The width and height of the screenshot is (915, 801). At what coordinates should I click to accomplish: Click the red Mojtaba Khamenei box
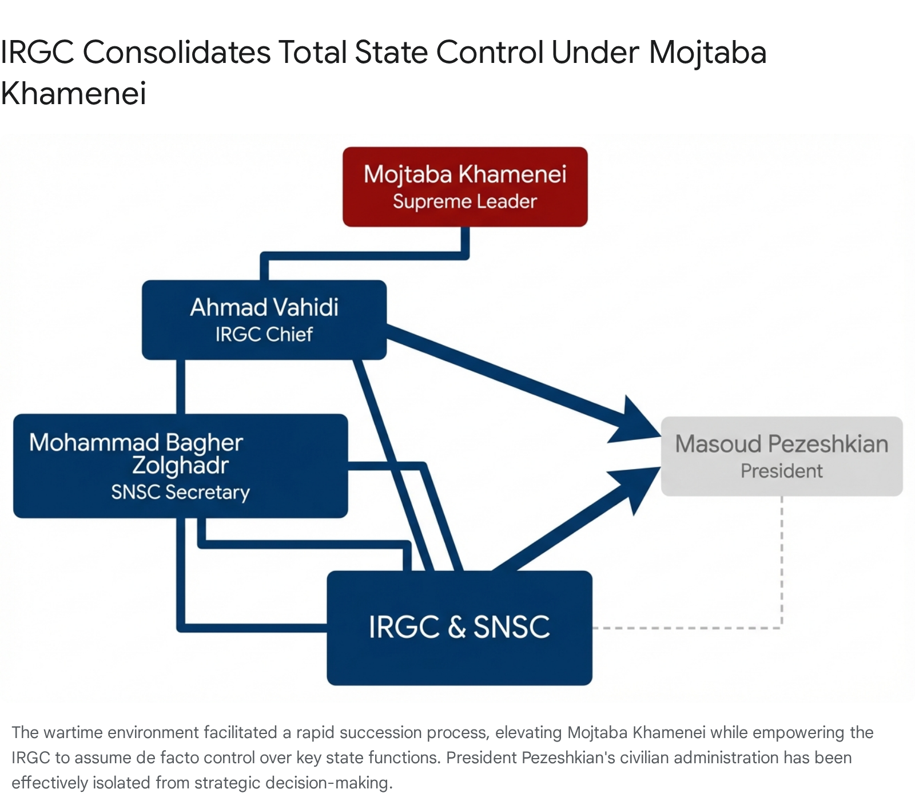tap(465, 187)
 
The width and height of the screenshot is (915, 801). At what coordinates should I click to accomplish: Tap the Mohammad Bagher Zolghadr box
tap(180, 466)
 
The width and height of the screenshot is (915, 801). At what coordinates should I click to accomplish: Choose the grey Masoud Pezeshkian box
tap(781, 456)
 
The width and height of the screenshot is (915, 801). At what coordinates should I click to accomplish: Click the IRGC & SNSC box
tap(459, 628)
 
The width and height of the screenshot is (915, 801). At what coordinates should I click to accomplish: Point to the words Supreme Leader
tap(465, 202)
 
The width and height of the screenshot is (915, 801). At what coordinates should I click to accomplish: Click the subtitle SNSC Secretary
tap(180, 492)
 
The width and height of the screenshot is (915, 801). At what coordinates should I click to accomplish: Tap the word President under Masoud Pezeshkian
tap(781, 471)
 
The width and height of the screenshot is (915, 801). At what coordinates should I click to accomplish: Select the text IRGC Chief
tap(264, 334)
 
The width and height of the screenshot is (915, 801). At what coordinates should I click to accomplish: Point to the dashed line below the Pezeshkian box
tap(781, 561)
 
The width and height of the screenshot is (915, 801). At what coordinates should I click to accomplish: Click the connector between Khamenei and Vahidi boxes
tap(366, 256)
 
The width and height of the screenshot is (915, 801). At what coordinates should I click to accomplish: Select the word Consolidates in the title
tap(177, 52)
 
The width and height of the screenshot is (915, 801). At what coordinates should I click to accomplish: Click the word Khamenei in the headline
tap(74, 93)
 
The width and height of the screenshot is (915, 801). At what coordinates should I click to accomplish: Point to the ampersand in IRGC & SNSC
tap(457, 628)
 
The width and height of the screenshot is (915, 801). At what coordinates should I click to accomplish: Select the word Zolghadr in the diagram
tap(180, 466)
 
